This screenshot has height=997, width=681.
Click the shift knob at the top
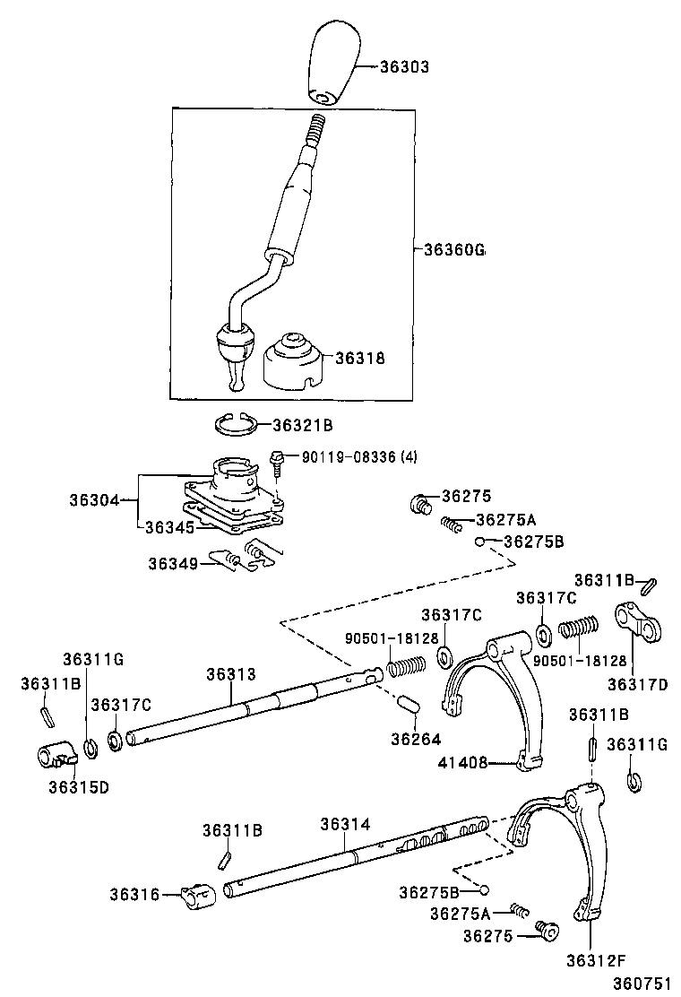(x=333, y=65)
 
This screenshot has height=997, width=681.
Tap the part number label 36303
(x=404, y=67)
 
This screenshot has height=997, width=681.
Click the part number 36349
(x=174, y=563)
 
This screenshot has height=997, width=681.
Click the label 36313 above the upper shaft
(x=231, y=674)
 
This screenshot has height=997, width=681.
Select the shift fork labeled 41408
(x=496, y=699)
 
